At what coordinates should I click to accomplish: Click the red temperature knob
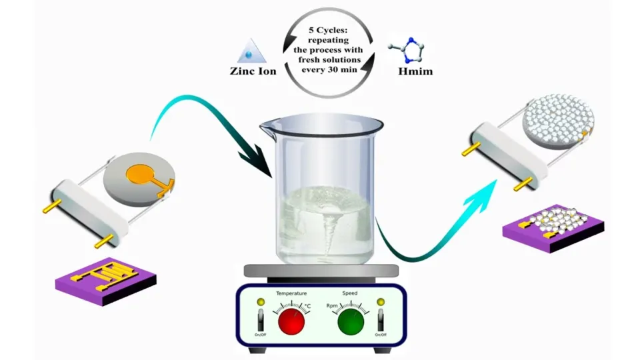(x=291, y=321)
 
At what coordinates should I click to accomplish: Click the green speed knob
(x=351, y=321)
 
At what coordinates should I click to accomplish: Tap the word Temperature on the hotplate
(x=291, y=293)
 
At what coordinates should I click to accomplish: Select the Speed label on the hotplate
(x=350, y=293)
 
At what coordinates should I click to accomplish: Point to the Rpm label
(x=332, y=305)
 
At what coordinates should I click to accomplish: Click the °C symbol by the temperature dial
(x=308, y=306)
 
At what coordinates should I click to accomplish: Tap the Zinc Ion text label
(x=253, y=71)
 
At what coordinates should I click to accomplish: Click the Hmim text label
(x=415, y=71)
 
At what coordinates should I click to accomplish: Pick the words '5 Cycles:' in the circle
(x=328, y=30)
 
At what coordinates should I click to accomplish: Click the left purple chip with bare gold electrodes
(x=106, y=281)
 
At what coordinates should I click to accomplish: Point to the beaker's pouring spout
(x=268, y=123)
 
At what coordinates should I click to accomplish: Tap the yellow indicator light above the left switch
(x=261, y=302)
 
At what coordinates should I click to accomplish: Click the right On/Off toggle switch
(x=381, y=320)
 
